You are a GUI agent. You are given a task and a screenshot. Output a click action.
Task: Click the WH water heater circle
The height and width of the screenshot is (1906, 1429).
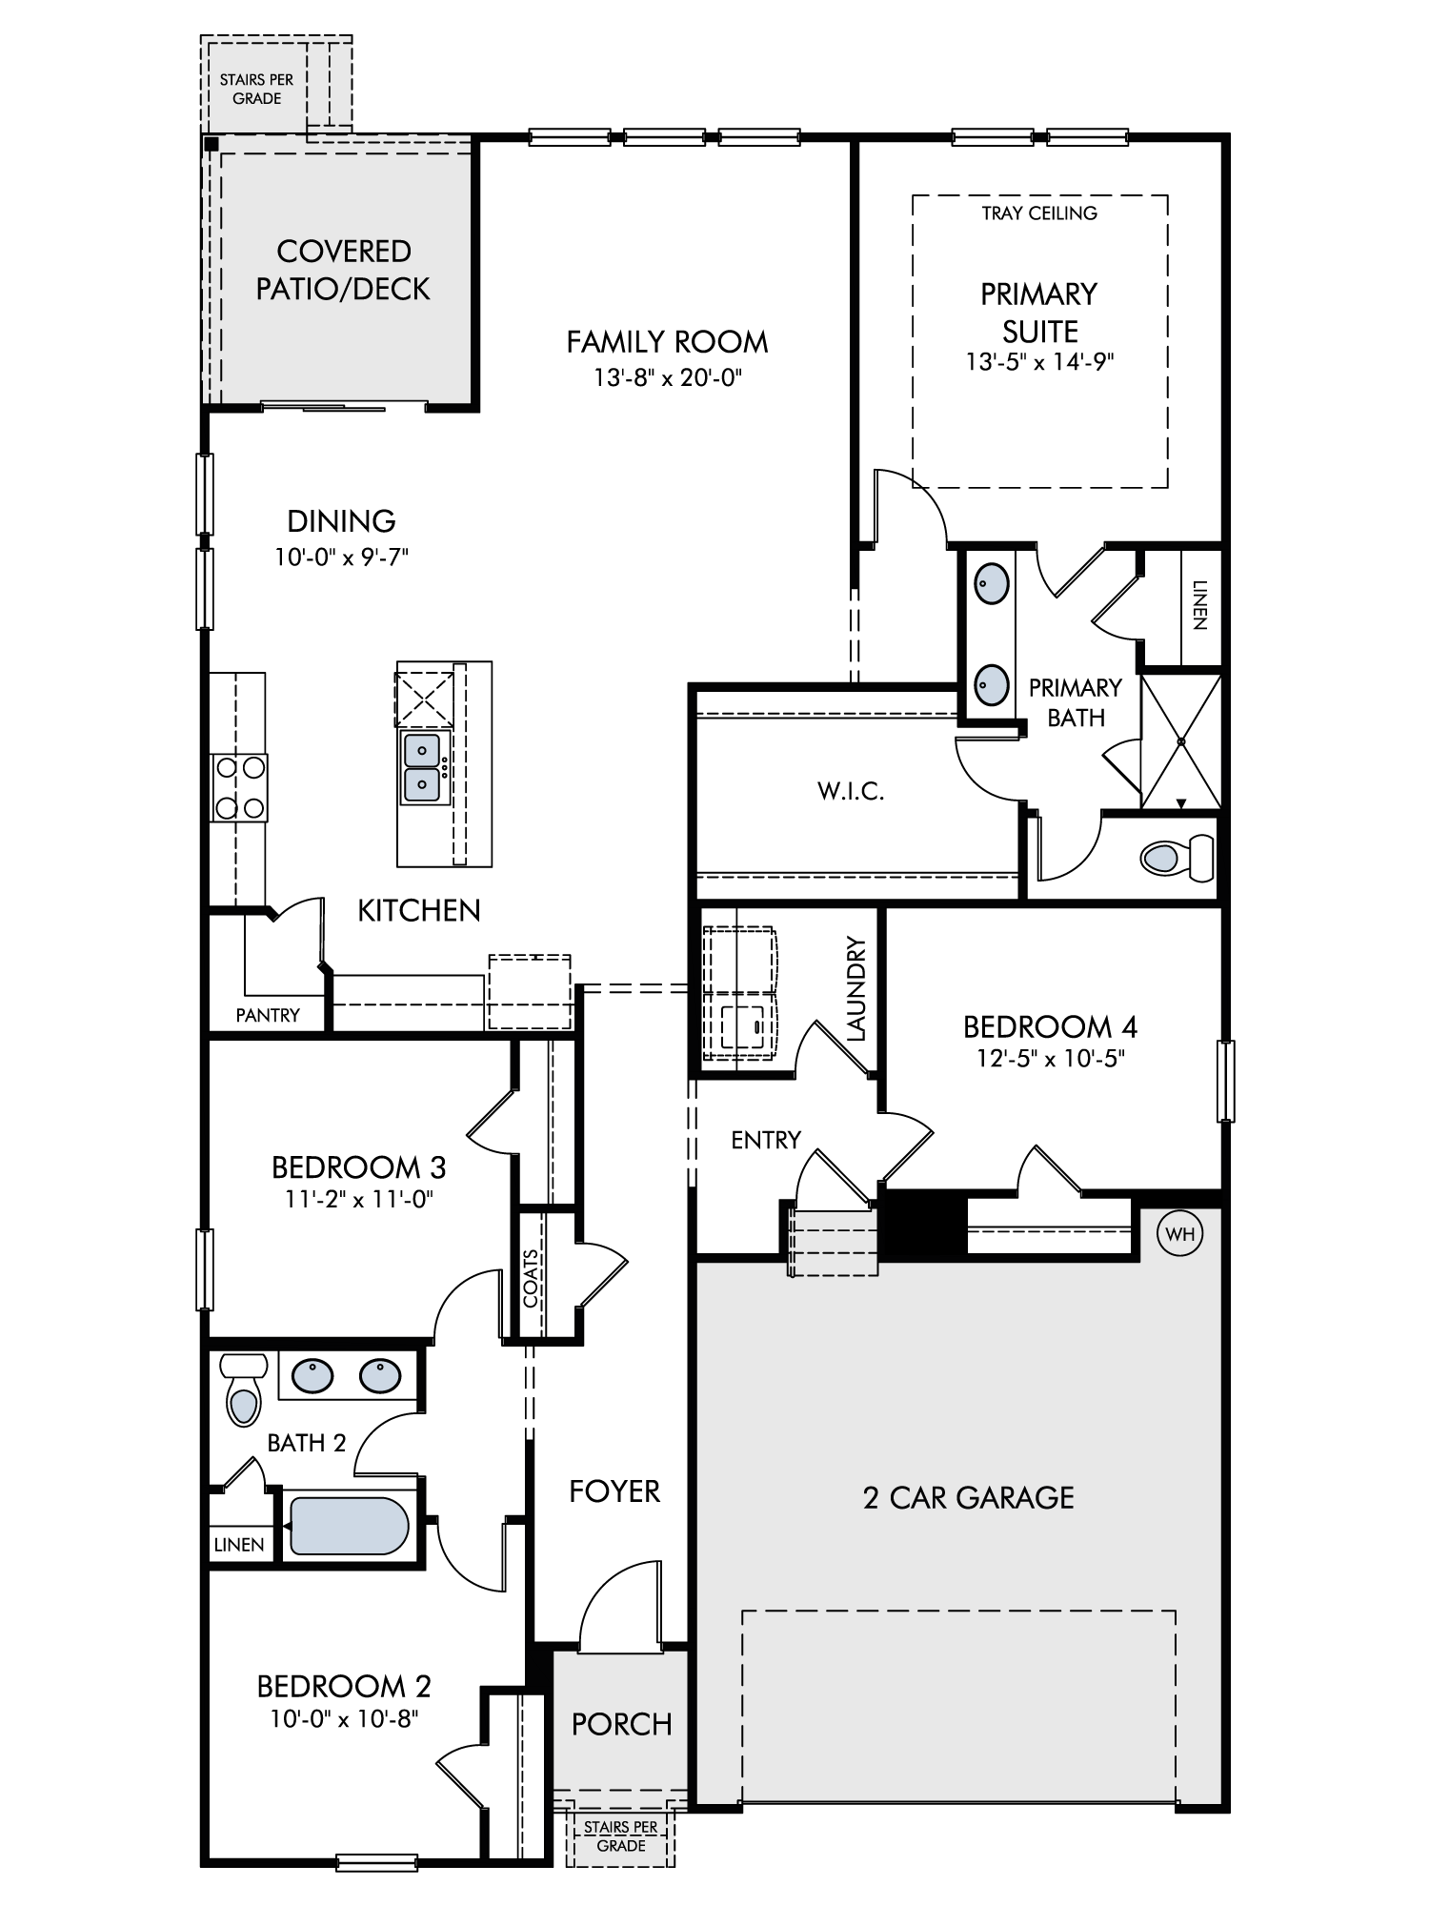click(x=1179, y=1234)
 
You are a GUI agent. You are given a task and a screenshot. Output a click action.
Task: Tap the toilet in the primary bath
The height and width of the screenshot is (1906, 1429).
click(x=1177, y=858)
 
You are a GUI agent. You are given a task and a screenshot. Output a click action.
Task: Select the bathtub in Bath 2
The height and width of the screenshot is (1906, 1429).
click(x=349, y=1526)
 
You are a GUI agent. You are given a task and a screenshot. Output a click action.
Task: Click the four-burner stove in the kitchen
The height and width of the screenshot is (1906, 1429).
click(x=239, y=787)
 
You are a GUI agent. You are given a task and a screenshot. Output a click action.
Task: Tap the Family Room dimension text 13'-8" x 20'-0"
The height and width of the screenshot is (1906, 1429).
click(x=668, y=378)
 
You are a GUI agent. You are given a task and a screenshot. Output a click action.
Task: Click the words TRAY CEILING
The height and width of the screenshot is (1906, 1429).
click(x=1039, y=213)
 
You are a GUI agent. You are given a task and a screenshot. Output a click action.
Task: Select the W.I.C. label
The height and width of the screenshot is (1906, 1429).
click(x=851, y=791)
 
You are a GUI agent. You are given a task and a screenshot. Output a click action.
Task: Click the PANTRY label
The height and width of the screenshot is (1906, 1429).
click(x=268, y=1016)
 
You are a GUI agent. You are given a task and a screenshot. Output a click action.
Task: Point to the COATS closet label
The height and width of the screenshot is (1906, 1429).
click(x=532, y=1278)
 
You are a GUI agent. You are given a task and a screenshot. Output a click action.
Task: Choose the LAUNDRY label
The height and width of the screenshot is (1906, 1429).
click(x=855, y=989)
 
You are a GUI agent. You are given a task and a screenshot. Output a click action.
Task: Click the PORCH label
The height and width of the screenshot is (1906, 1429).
click(x=621, y=1724)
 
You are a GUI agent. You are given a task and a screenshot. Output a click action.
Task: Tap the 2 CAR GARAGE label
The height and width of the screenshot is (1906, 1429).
click(x=968, y=1497)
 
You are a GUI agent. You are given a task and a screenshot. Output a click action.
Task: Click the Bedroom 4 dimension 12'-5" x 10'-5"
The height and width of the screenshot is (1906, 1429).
click(x=1050, y=1059)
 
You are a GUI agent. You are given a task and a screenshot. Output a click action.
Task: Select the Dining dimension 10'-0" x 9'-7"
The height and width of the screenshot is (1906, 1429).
click(x=341, y=557)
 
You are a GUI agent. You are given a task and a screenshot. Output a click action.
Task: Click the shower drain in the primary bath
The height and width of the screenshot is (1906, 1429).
click(x=1180, y=740)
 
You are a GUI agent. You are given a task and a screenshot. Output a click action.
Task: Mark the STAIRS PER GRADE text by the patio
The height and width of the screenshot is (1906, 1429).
click(x=256, y=89)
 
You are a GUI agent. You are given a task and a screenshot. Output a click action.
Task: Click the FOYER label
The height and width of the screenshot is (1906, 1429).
click(x=614, y=1491)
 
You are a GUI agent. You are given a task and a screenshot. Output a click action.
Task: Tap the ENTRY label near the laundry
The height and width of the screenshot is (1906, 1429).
click(x=766, y=1140)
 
